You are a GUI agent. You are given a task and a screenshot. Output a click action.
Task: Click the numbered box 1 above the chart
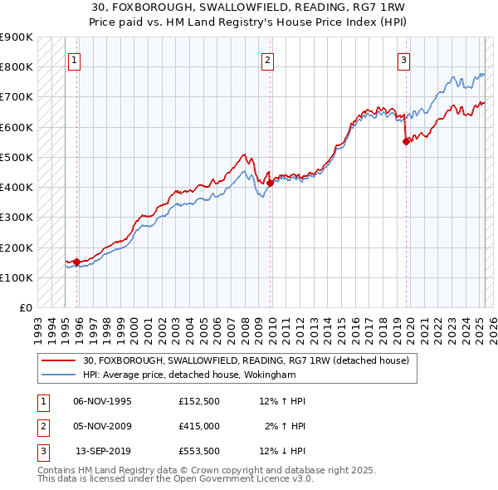(x=75, y=59)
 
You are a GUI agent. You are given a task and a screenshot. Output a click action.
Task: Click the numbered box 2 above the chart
(x=268, y=59)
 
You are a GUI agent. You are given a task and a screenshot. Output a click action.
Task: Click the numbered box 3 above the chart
(x=403, y=59)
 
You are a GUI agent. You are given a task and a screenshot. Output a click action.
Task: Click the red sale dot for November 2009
(x=271, y=183)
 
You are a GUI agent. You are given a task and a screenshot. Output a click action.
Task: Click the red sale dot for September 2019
(x=406, y=141)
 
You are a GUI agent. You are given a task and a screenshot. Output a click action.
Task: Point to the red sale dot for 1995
(x=77, y=262)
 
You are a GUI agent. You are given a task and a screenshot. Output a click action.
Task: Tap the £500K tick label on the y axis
(x=17, y=157)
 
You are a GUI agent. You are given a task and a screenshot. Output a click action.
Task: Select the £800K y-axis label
(x=17, y=66)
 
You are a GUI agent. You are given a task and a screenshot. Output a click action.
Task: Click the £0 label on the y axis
(x=25, y=307)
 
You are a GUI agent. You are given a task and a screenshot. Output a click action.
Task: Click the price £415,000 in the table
(x=198, y=426)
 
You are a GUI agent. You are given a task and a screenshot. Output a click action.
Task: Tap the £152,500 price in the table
(x=198, y=401)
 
